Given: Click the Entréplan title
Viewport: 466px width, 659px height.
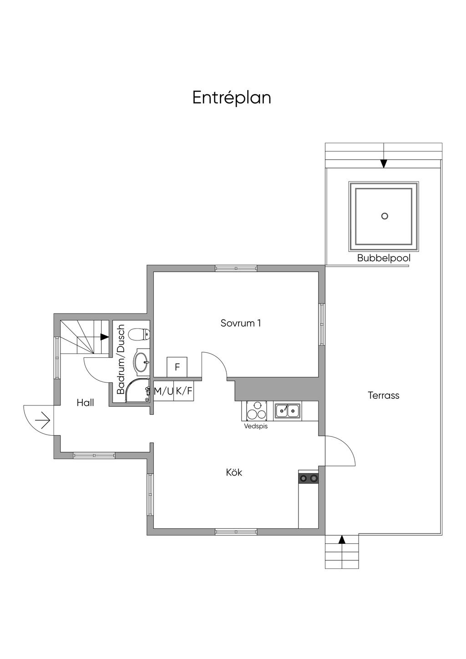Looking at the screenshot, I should point(232,98).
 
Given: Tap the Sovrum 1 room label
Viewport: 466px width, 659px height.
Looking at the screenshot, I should point(241,323).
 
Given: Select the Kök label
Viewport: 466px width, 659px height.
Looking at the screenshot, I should point(234,472).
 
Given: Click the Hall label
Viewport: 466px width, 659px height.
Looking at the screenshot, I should point(85,403).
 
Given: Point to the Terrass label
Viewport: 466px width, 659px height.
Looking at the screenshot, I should point(384,395).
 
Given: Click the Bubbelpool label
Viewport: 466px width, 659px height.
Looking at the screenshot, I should point(384,259).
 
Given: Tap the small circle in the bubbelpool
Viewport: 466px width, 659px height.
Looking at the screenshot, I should point(385,216).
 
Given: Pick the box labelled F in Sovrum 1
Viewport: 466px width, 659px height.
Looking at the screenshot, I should point(177,367).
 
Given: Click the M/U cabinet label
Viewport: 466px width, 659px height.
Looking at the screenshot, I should point(163,391).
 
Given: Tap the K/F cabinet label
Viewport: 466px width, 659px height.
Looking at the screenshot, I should point(184,391).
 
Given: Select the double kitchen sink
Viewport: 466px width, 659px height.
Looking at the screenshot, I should point(287,411).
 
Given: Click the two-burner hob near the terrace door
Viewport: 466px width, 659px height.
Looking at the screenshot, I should point(308,478).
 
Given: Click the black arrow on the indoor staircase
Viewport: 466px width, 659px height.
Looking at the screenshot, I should point(104,337).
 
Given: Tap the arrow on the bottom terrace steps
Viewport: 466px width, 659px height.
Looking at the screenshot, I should point(342,540).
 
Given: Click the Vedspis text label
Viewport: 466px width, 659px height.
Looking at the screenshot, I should point(256,427).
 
